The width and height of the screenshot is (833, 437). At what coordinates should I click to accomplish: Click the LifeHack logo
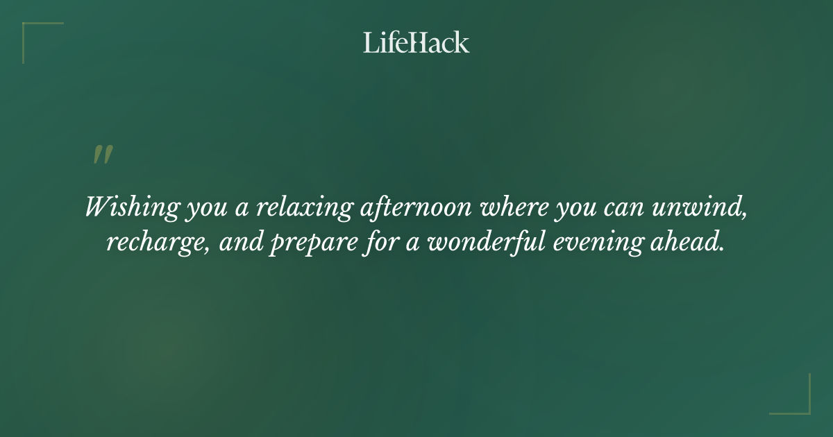[416, 42]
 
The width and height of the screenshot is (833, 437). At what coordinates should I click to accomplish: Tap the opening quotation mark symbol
[102, 155]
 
